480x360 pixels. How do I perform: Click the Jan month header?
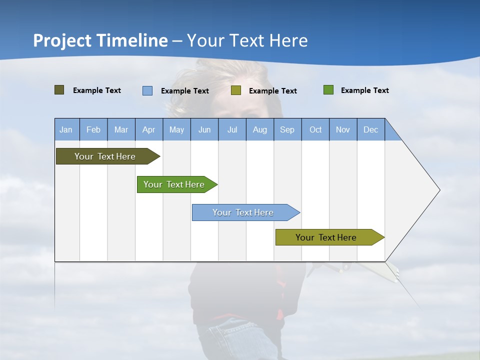click(x=66, y=129)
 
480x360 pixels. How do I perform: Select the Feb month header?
click(x=93, y=129)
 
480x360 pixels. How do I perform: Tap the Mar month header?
click(x=121, y=129)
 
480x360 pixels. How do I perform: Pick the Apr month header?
click(x=149, y=129)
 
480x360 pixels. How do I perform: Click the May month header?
click(x=176, y=129)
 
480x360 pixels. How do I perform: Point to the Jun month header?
click(x=204, y=129)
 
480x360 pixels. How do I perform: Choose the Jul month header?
click(x=232, y=129)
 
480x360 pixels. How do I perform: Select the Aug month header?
click(x=260, y=129)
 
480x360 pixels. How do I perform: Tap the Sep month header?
click(x=287, y=129)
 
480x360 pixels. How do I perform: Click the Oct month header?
click(x=315, y=129)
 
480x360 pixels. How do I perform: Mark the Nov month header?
click(x=343, y=129)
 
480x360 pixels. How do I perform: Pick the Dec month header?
click(x=371, y=129)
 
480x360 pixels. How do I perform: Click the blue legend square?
click(x=147, y=90)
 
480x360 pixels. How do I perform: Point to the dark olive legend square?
click(x=59, y=90)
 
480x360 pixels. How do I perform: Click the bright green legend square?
click(x=328, y=90)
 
